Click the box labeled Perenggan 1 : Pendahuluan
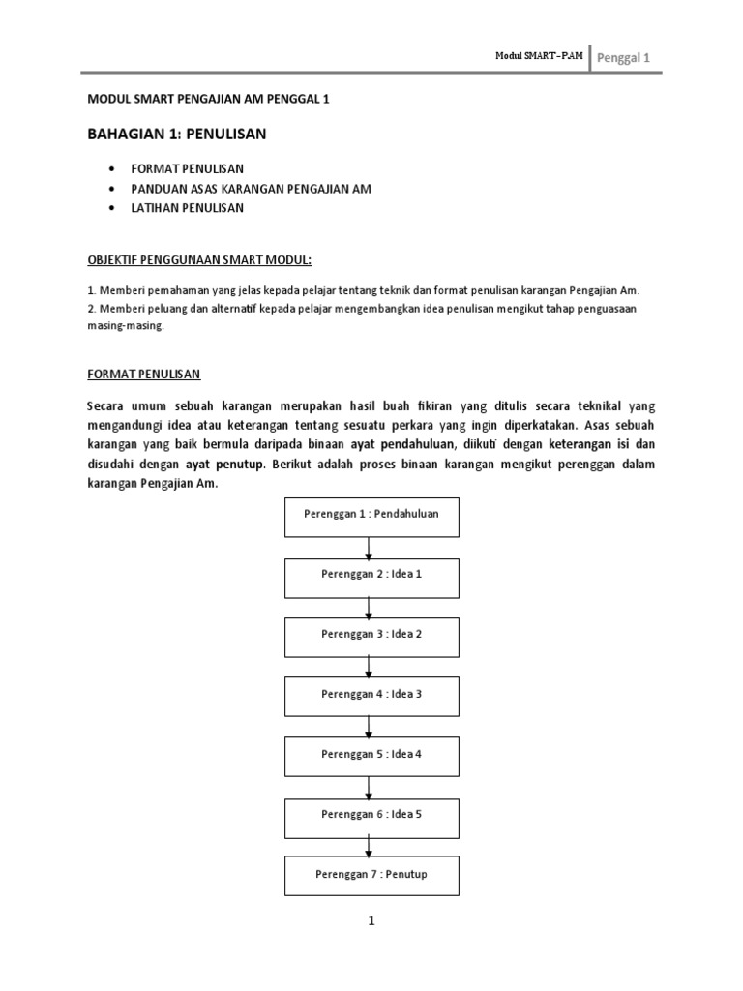(371, 516)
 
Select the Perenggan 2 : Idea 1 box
(371, 577)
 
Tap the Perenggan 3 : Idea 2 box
(371, 637)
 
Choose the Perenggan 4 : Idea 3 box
(371, 697)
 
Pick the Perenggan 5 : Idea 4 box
(371, 757)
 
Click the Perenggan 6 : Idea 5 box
(371, 817)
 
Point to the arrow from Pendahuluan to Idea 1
(369, 547)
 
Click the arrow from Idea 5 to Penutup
(369, 847)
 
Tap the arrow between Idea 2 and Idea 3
(369, 667)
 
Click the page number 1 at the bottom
(371, 921)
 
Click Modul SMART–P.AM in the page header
(539, 57)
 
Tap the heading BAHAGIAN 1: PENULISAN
(176, 135)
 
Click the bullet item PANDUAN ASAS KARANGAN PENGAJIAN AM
(252, 189)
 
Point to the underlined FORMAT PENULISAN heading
(143, 373)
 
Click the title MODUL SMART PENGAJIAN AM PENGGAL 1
(208, 100)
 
